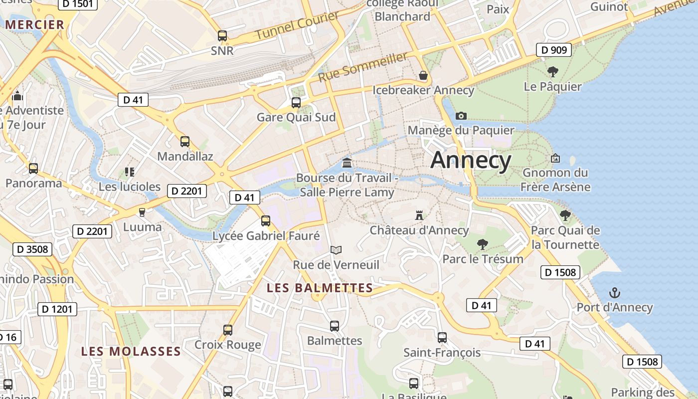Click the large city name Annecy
coord(471,160)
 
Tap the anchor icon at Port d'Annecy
coord(615,293)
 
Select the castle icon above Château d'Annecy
coord(419,215)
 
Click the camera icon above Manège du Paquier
coord(461,116)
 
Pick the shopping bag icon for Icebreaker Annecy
coord(423,75)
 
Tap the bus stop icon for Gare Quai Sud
coord(296,103)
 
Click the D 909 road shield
coord(553,50)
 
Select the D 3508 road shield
coord(32,249)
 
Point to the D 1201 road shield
coord(57,309)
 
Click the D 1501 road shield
coord(78,4)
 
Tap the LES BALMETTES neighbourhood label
coord(320,288)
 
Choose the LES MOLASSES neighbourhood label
coord(131,351)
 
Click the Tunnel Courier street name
coord(297,26)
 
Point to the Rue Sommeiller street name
coord(363,68)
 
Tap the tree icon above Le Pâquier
coord(552,71)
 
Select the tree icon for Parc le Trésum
coord(482,244)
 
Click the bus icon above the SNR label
coord(222,36)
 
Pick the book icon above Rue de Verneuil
coord(336,250)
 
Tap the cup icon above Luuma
coord(142,212)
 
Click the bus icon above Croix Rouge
coord(228,330)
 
